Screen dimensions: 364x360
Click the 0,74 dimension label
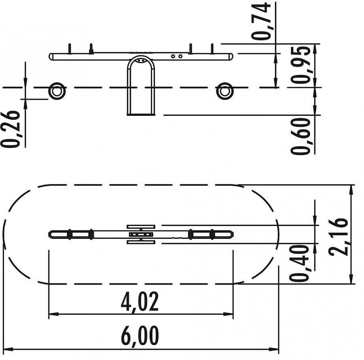click(261, 21)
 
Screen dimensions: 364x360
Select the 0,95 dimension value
click(301, 65)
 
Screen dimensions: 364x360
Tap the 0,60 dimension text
click(301, 136)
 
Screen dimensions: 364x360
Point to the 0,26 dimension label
click(10, 129)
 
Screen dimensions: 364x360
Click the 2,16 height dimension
click(339, 237)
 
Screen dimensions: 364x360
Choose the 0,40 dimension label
click(299, 263)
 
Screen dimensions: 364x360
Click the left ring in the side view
click(57, 91)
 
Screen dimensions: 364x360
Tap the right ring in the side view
click(225, 91)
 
